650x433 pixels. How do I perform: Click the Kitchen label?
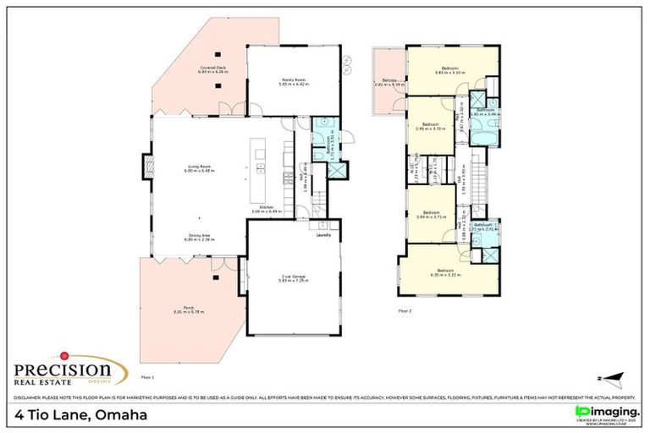267,209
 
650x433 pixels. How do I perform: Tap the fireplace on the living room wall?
146,167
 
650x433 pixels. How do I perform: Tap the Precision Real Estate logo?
63,370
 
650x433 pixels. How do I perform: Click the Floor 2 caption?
405,311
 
